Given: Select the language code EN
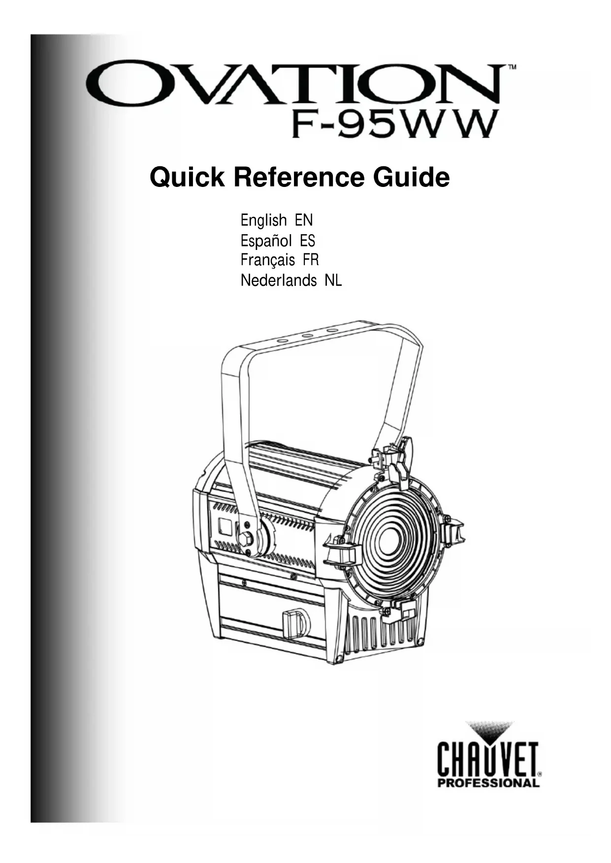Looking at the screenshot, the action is click(304, 220).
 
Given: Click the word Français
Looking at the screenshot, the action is click(268, 260).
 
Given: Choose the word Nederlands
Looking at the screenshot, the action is click(278, 281).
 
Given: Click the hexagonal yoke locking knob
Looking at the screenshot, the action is click(246, 539).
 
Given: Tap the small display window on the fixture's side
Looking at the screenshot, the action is click(225, 526).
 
